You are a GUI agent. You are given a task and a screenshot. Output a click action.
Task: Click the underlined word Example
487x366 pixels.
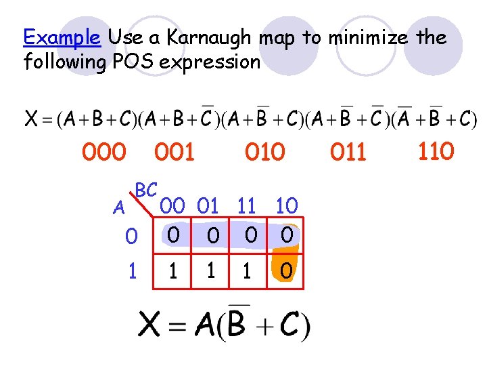coord(62,37)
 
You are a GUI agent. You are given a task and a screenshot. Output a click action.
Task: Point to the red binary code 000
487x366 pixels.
coord(103,152)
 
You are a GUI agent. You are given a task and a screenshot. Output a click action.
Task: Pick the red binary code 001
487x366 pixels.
coord(175,152)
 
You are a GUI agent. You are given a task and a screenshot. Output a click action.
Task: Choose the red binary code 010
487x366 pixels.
coord(265,152)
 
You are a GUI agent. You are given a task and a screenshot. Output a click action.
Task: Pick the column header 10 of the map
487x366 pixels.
coord(287,205)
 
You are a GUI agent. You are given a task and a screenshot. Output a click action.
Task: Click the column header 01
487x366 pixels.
coord(211,205)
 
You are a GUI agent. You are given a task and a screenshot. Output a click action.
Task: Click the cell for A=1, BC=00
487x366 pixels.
coord(174,271)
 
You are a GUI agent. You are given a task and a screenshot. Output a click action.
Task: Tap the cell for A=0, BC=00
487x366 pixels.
coord(174,235)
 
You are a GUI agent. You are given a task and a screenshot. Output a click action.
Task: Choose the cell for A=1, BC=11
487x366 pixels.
coord(248,271)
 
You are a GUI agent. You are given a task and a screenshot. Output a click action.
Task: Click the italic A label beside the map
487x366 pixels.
coord(119,209)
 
